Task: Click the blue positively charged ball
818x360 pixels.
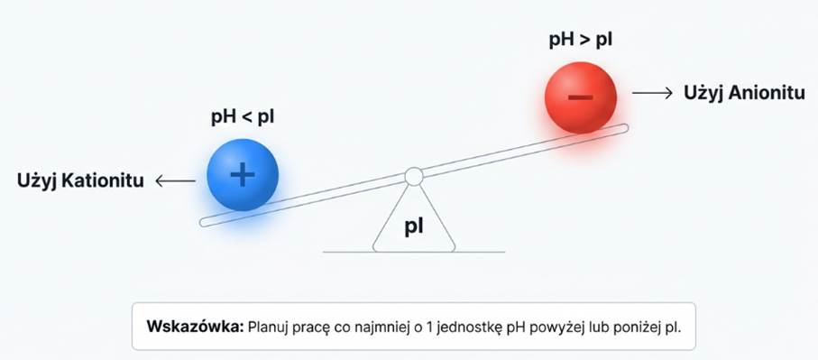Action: (242, 175)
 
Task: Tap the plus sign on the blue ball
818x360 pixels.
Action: (242, 175)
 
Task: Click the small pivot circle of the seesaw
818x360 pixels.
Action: (413, 176)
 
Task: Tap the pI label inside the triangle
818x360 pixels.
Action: (414, 226)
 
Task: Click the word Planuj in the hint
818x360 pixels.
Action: (271, 326)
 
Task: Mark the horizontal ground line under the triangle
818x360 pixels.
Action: (414, 251)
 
